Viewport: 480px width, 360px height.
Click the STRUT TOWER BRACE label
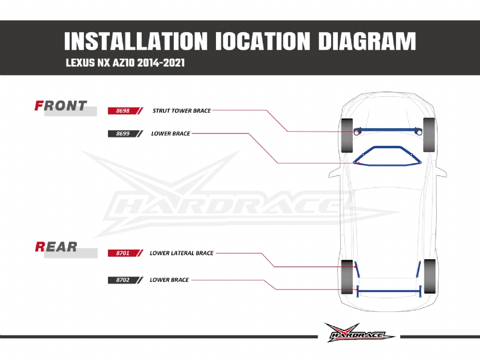[181, 111]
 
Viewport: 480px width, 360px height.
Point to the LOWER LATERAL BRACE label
[181, 253]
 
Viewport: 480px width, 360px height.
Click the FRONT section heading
[61, 106]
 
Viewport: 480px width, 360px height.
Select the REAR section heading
[56, 247]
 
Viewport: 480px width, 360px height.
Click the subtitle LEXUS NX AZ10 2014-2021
[125, 63]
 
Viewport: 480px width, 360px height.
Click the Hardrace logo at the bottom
[359, 333]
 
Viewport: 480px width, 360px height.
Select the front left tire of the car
[347, 135]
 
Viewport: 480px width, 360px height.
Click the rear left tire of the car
[347, 276]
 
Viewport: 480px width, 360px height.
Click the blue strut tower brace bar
[389, 129]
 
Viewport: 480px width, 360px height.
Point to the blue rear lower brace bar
[389, 291]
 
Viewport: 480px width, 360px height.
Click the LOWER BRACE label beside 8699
[170, 134]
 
